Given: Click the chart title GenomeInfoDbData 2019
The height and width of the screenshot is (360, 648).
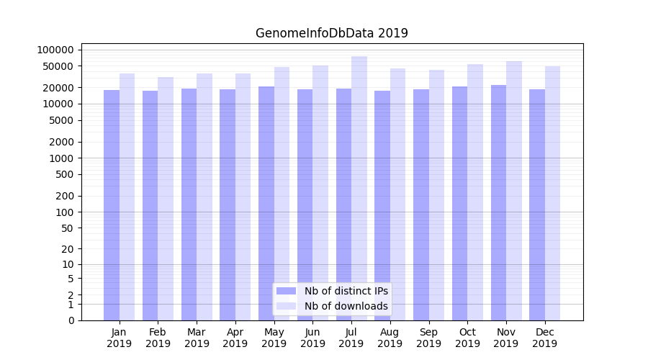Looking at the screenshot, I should coord(331,33).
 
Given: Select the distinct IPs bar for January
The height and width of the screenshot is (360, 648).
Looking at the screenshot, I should coord(112,205).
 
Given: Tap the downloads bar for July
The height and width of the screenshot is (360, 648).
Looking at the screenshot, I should coord(359,188).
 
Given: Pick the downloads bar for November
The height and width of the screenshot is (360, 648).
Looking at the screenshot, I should coord(514,191).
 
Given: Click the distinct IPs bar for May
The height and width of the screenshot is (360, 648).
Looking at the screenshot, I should coord(266,203).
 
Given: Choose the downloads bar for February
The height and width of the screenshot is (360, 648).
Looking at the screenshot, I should coord(166,199).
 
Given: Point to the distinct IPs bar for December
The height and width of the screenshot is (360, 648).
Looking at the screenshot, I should coord(537,204).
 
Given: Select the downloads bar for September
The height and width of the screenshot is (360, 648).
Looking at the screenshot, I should coord(436,195).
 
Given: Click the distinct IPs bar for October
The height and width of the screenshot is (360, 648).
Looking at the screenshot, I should coord(459,203).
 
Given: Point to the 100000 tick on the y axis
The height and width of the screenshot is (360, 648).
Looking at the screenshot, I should coord(55,50).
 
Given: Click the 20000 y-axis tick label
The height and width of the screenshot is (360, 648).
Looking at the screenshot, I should coord(58,88).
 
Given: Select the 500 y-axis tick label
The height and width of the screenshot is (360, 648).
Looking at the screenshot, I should coord(64,174).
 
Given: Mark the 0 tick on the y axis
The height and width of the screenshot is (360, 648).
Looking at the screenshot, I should coord(71,320).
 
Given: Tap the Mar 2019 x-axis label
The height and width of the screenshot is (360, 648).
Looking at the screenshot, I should coord(197,338).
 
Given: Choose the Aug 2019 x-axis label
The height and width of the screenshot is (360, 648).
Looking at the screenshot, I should coord(390,338).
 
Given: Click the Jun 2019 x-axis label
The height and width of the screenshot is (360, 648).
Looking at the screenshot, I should coord(312,338).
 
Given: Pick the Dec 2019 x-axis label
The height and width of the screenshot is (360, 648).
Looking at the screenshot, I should coord(545,338).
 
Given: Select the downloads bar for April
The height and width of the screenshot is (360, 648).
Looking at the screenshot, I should coord(243,197).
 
